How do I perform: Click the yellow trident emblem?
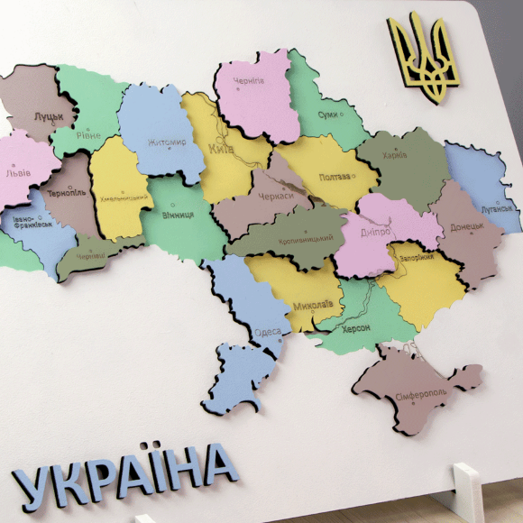pos(423,59)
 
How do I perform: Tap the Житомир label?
pos(167,142)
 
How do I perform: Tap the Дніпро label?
pos(377,232)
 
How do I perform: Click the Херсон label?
pos(355,328)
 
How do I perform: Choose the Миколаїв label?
pos(312,305)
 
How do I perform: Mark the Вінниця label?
pos(178,215)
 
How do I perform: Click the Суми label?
pos(328,115)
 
